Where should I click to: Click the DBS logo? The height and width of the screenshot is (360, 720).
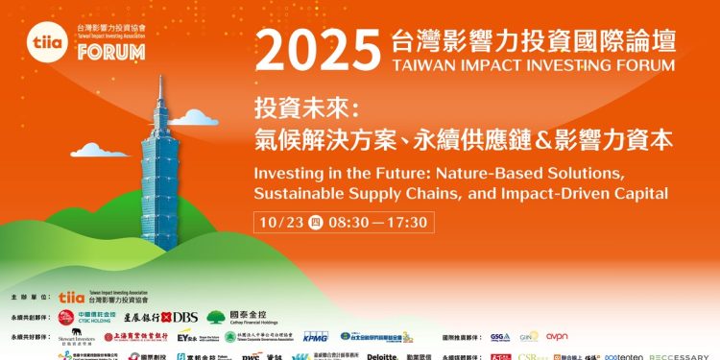click(181, 316)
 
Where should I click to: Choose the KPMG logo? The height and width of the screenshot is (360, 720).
click(316, 337)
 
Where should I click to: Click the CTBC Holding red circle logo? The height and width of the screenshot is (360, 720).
click(65, 317)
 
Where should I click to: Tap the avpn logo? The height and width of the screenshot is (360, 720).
click(557, 336)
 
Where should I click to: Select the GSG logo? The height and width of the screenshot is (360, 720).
click(499, 337)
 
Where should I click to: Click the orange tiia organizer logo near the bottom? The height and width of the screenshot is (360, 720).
click(71, 299)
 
